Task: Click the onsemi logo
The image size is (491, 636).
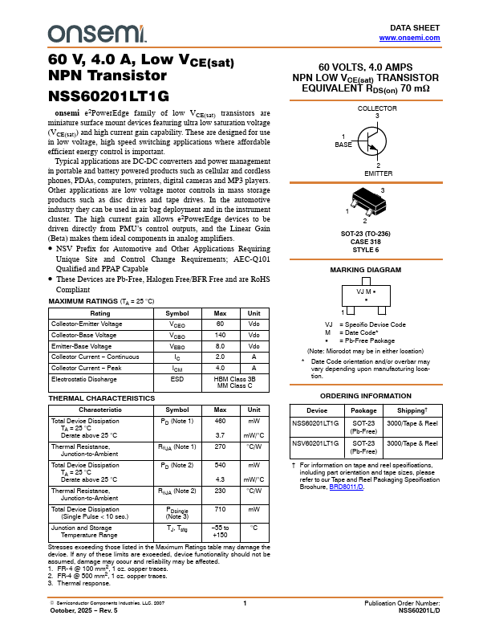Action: (97, 33)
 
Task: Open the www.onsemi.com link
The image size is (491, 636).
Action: (409, 38)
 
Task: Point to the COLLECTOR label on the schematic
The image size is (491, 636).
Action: (377, 108)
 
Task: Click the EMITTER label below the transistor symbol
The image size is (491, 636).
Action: (378, 173)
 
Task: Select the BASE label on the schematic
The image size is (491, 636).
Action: (343, 144)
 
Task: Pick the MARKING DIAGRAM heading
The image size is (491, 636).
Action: (366, 270)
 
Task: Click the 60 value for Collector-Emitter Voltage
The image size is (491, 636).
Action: (220, 324)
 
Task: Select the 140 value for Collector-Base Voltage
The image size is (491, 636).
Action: (220, 334)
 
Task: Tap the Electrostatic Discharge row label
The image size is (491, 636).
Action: (83, 377)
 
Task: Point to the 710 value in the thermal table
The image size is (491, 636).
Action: (220, 509)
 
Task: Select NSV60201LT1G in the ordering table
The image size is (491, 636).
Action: (315, 443)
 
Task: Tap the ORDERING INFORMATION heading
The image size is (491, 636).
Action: (366, 397)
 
